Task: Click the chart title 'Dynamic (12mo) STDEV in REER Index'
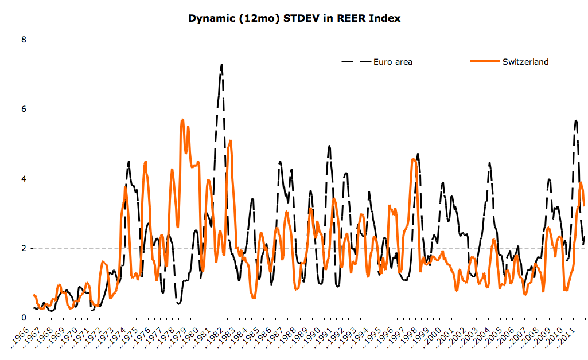(x=294, y=18)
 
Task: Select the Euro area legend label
(x=393, y=62)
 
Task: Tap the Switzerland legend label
(x=525, y=62)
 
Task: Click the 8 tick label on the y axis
(x=24, y=40)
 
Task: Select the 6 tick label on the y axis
(x=24, y=109)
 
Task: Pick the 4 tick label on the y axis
(x=24, y=179)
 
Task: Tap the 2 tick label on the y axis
(x=24, y=248)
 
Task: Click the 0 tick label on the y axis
(x=24, y=318)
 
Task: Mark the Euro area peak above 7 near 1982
(x=221, y=65)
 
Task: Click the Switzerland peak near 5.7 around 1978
(x=182, y=119)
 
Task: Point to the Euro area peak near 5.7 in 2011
(x=575, y=120)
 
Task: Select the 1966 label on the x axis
(x=21, y=339)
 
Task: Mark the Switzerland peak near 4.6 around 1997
(x=414, y=159)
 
